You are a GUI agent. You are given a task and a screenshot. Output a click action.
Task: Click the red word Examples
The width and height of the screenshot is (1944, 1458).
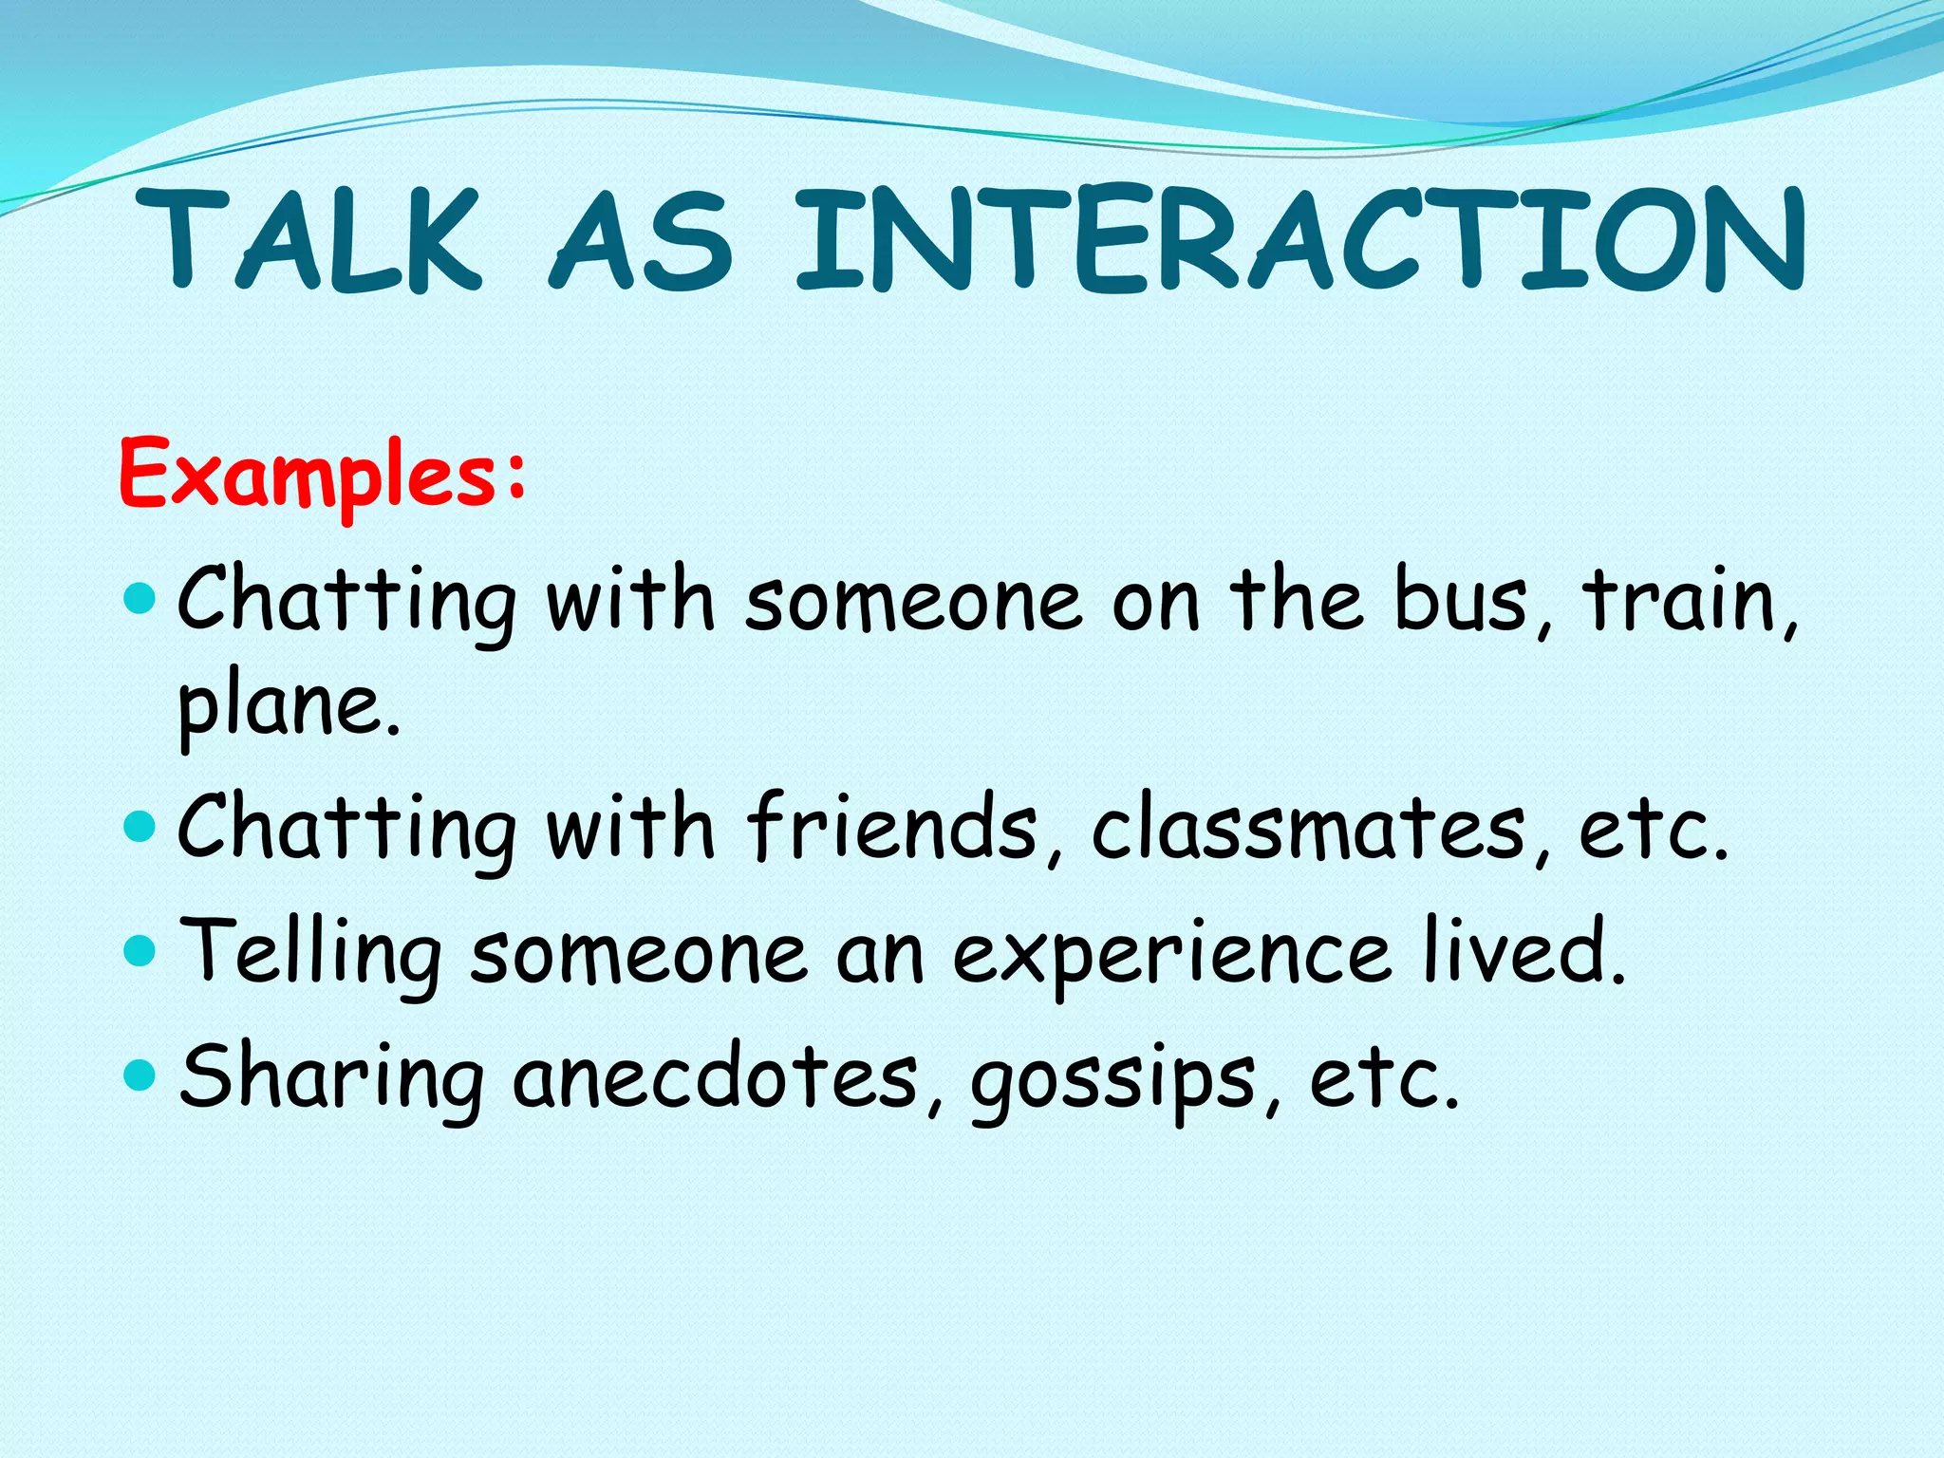click(308, 475)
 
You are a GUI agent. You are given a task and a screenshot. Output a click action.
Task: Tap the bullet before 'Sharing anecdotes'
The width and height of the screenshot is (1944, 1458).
click(140, 1075)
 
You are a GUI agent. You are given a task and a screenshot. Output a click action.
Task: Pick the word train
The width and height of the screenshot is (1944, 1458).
click(1685, 600)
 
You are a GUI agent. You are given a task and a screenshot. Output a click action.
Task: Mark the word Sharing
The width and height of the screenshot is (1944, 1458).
click(332, 1077)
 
